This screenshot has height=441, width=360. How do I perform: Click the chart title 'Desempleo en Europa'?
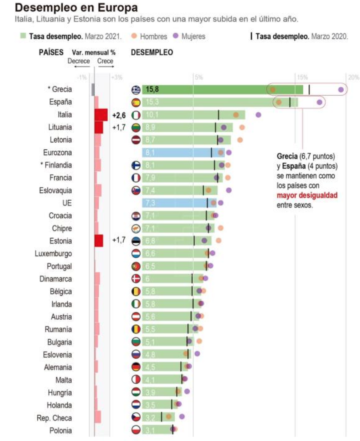point(76,7)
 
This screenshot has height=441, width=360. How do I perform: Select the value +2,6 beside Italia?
point(119,115)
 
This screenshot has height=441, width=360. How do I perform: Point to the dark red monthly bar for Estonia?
point(99,240)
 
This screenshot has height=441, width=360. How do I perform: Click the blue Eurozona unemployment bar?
point(183,153)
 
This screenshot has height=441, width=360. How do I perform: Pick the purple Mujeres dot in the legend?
point(175,36)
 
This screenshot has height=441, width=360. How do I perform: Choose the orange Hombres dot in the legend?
point(134,36)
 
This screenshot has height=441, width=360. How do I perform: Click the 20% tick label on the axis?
point(354,77)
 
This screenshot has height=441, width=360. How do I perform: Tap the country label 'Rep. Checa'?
point(54,418)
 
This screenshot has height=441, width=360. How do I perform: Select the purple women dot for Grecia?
point(341,90)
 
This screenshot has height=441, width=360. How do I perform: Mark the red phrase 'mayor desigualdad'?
point(307,195)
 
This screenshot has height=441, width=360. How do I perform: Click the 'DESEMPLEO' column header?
point(152,52)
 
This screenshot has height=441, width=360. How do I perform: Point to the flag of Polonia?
point(136,430)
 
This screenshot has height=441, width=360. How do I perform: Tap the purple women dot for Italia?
point(258,115)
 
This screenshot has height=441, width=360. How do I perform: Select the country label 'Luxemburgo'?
point(53,254)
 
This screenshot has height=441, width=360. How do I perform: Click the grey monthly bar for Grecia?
point(93,90)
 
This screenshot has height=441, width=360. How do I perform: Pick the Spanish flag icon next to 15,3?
point(136,102)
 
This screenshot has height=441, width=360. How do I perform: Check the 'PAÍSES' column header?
point(51,52)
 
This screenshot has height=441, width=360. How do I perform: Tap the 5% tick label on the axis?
point(199,77)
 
